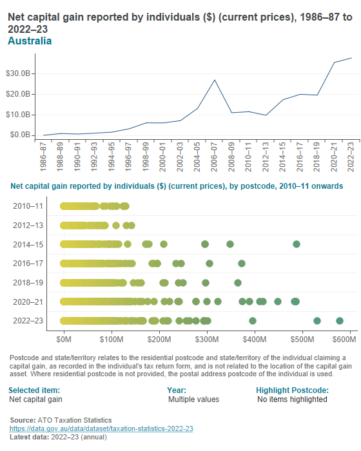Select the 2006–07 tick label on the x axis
(215, 157)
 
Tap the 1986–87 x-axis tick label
(43, 157)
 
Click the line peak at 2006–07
(215, 80)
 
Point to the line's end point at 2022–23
(351, 58)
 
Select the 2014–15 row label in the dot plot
(28, 244)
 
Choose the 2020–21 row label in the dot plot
(28, 302)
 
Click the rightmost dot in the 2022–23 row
(340, 321)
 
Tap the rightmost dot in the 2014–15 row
(297, 244)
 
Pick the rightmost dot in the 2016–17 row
(242, 264)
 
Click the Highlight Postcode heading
(292, 390)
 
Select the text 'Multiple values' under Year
(193, 399)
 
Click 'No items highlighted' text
(292, 399)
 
